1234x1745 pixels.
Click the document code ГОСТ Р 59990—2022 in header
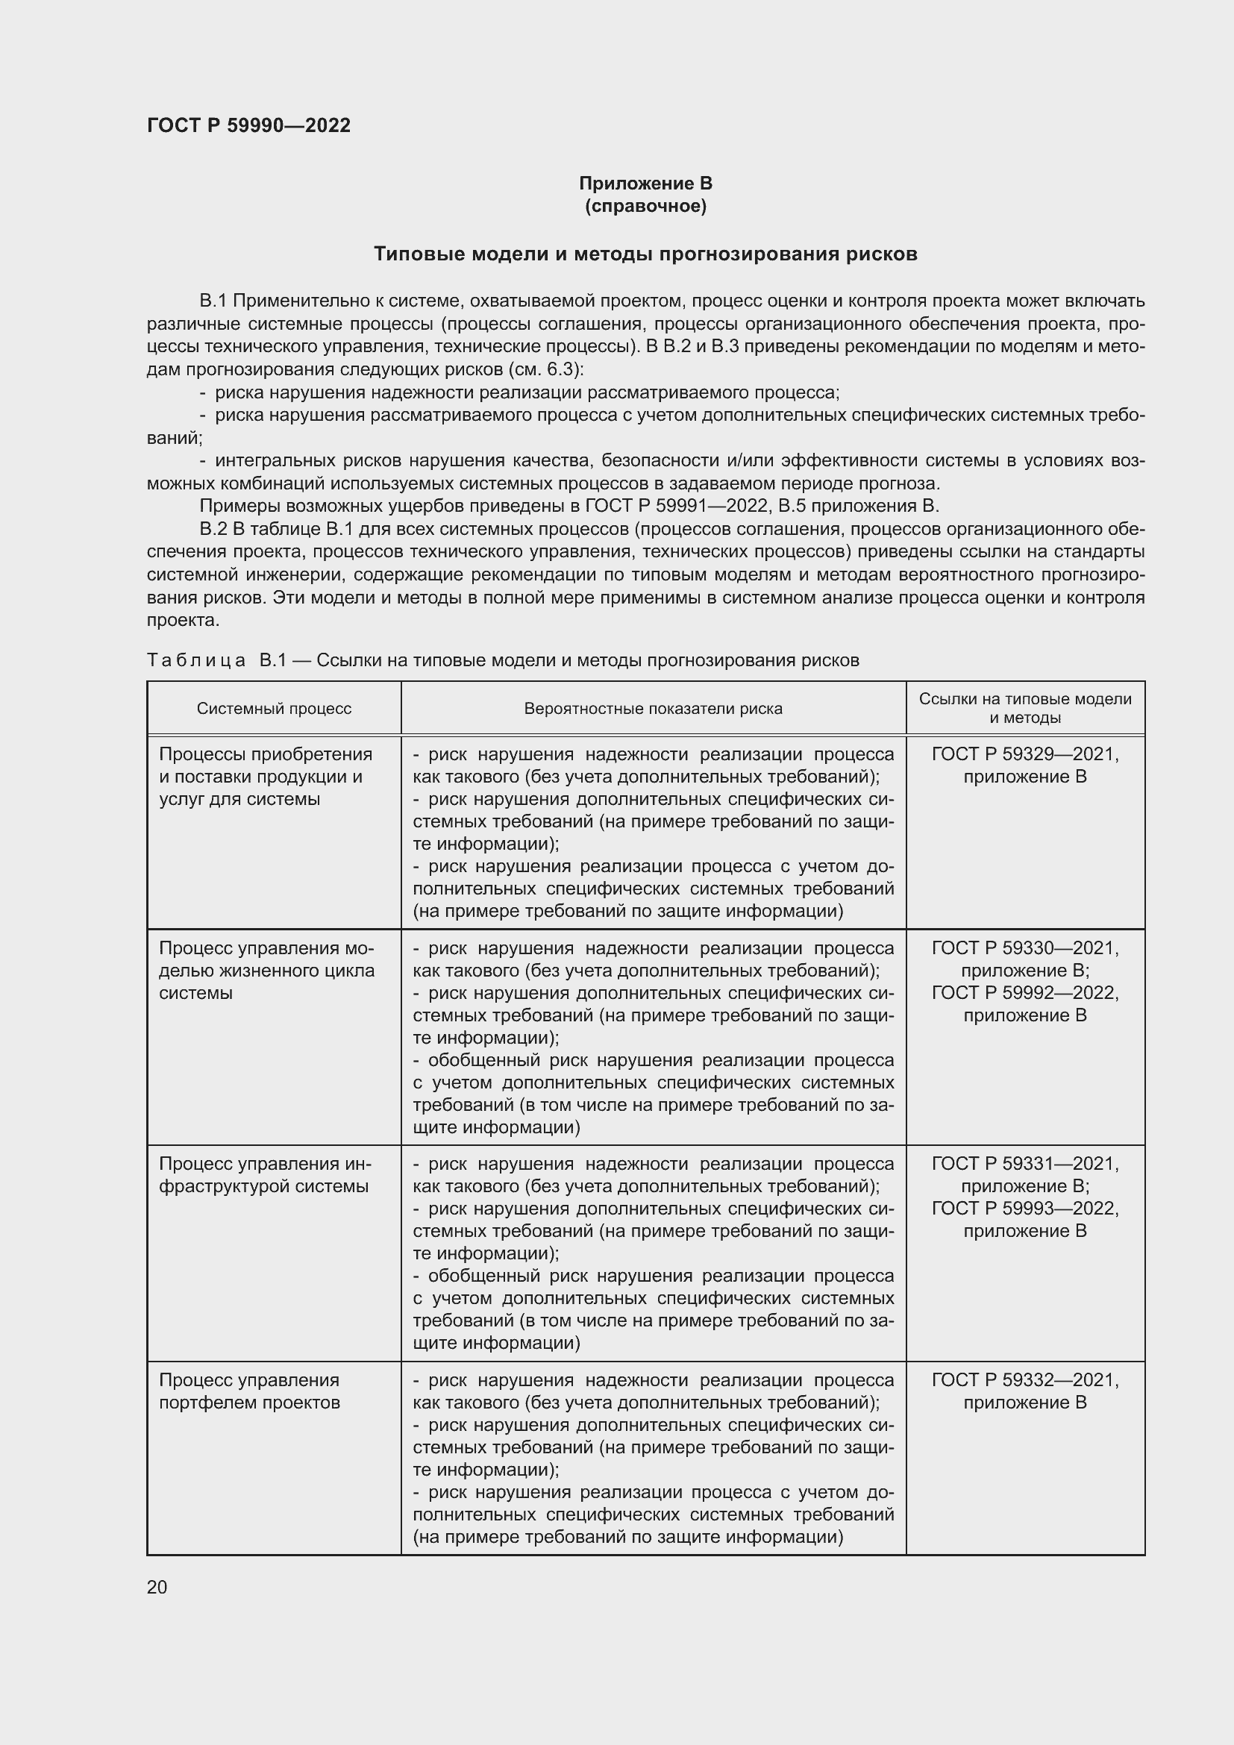click(x=248, y=125)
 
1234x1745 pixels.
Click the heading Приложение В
click(x=645, y=184)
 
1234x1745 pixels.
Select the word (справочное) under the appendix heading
click(x=645, y=206)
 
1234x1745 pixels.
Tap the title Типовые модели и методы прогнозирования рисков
click(x=645, y=254)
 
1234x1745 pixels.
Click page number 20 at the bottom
click(x=157, y=1587)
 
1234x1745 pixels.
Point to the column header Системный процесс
click(x=274, y=708)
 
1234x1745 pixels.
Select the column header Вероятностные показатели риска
click(x=653, y=708)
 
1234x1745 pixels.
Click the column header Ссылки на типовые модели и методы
click(x=1025, y=708)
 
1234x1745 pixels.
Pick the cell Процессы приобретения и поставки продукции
click(x=265, y=776)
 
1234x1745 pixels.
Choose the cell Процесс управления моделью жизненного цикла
click(x=266, y=970)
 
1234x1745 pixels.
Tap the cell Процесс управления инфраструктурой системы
click(x=264, y=1175)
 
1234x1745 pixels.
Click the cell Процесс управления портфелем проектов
click(x=249, y=1391)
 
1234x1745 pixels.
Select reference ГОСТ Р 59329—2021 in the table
click(x=1025, y=754)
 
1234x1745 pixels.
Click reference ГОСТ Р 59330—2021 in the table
click(x=1025, y=947)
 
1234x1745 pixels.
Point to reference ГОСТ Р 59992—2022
click(x=1025, y=992)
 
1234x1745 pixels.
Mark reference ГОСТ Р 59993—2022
click(x=1025, y=1209)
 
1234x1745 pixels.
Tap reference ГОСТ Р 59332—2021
click(x=1025, y=1379)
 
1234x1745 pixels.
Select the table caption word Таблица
click(x=196, y=660)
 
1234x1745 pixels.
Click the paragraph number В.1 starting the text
click(x=213, y=301)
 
